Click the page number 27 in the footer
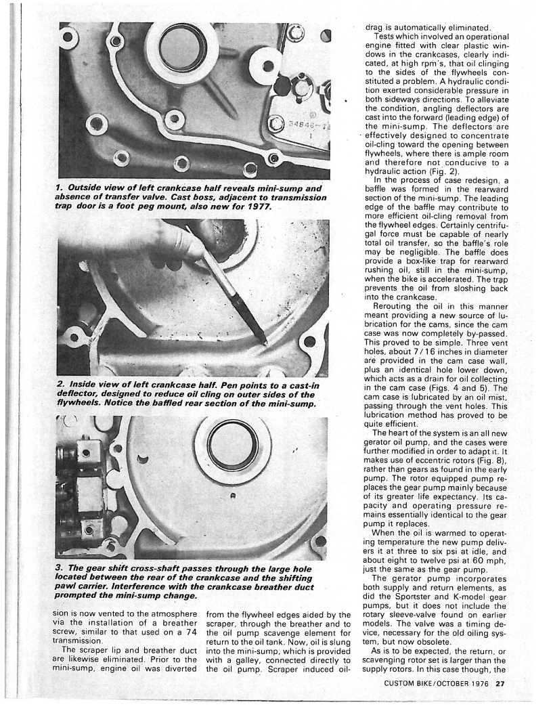[x=500, y=683]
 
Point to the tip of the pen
[x=263, y=339]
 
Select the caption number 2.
[x=61, y=385]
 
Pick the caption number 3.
[x=61, y=566]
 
